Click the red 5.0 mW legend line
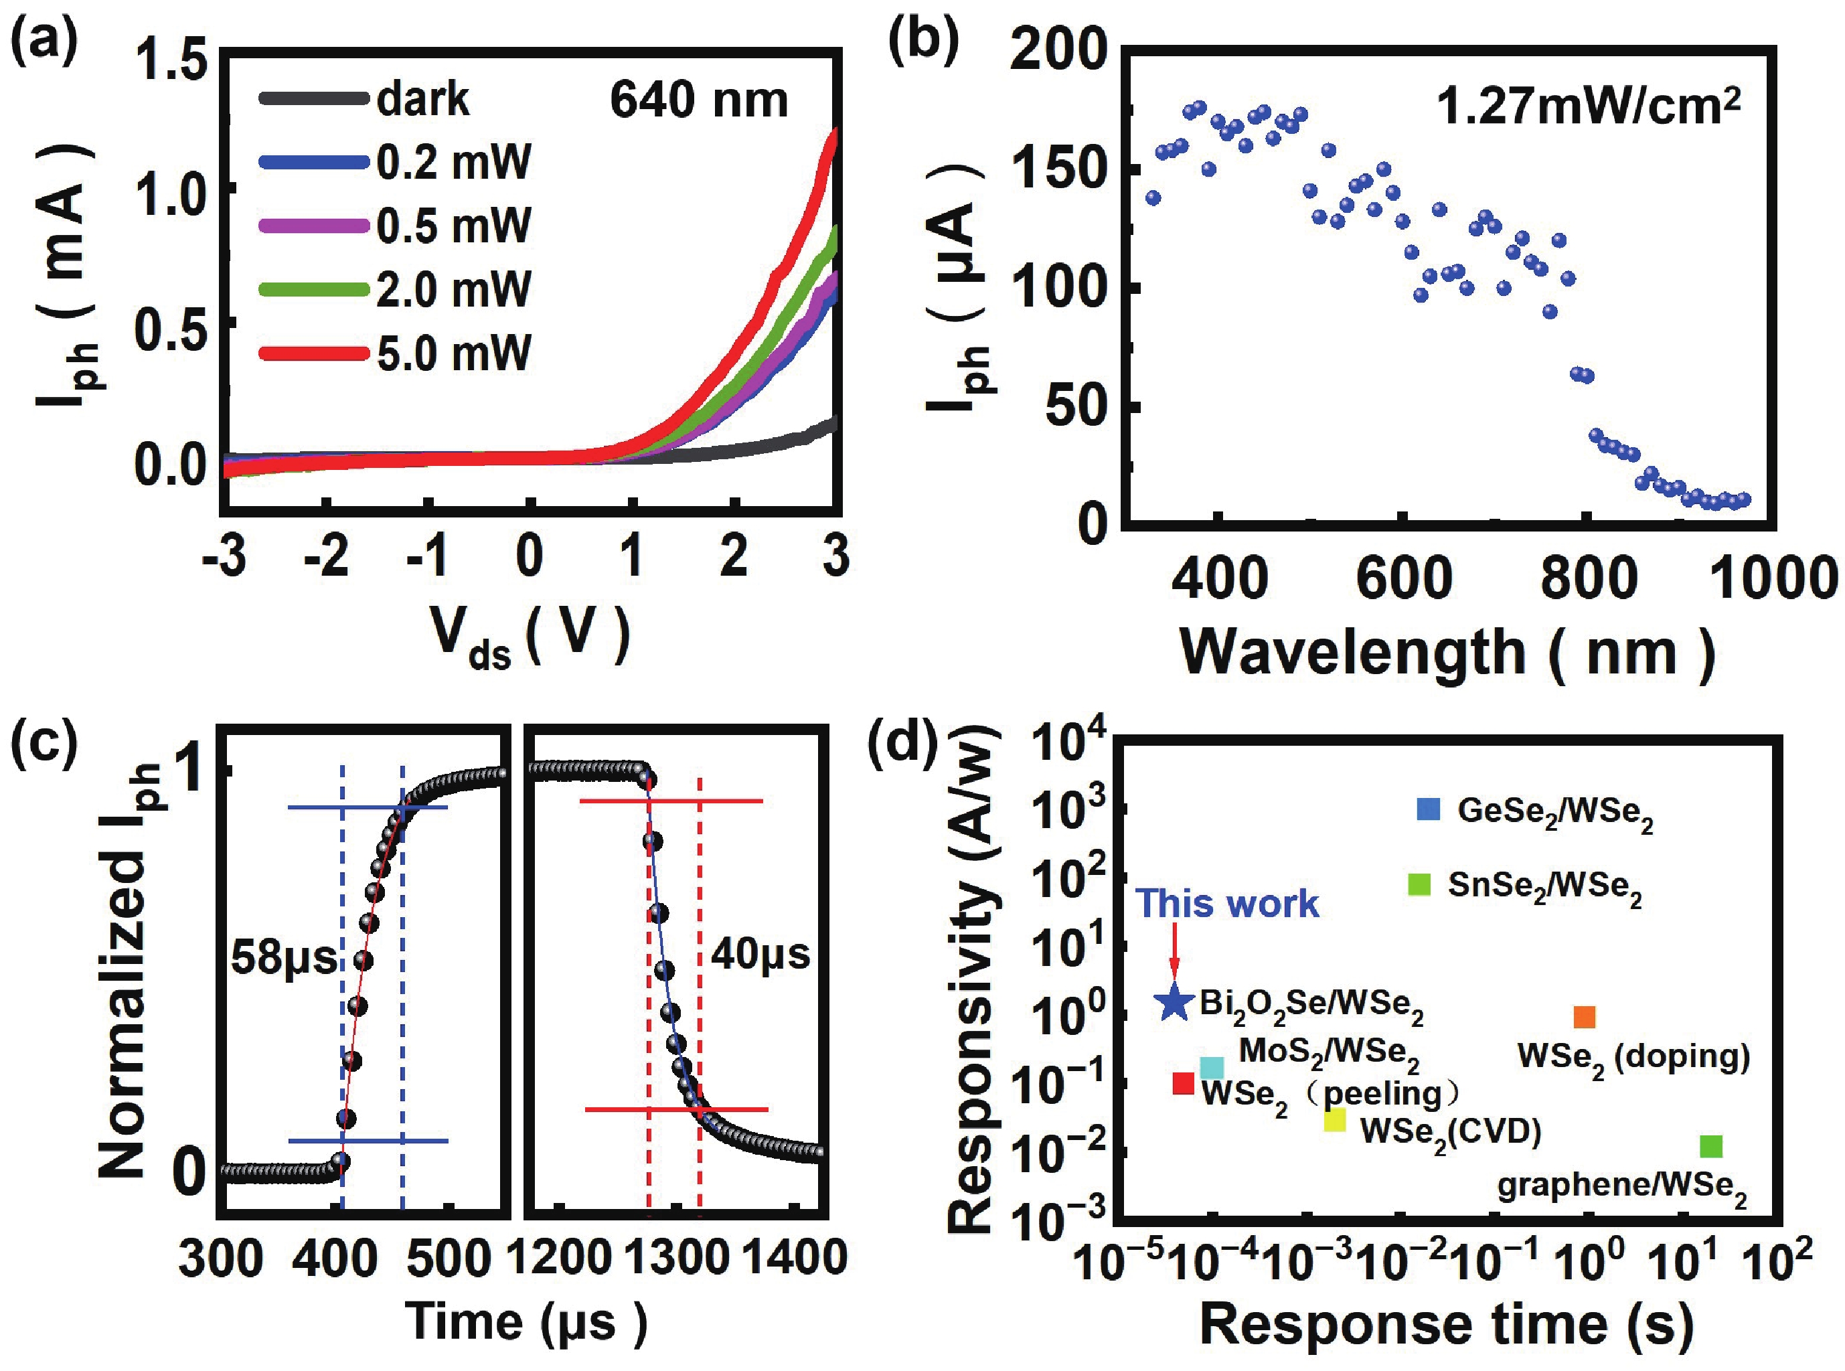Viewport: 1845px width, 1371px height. [x=314, y=353]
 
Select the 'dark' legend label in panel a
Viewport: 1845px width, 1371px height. [x=422, y=100]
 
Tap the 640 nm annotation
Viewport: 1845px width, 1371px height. [x=699, y=100]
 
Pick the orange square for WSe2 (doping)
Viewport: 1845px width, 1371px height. [x=1585, y=1018]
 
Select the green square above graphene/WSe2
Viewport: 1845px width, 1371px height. [x=1710, y=1146]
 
